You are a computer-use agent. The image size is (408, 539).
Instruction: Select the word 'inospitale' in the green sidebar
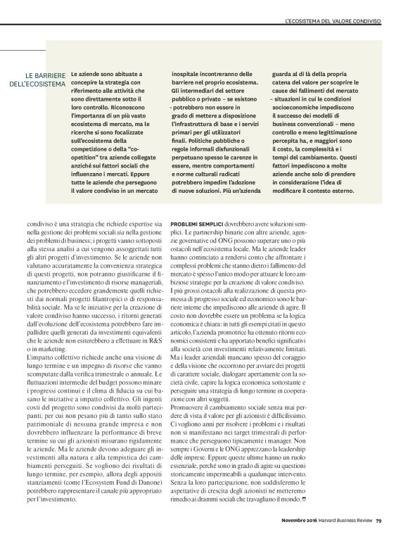pyautogui.click(x=187, y=73)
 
